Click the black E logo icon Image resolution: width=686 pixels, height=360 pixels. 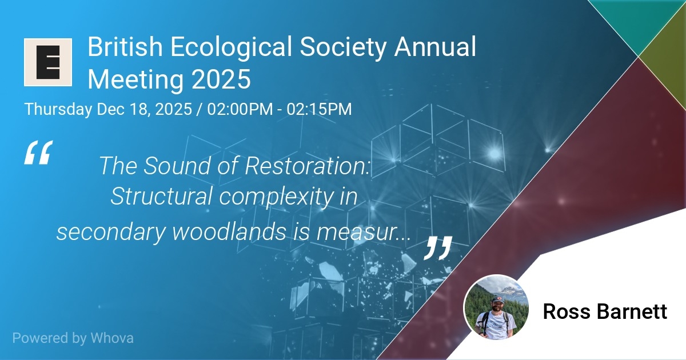click(x=48, y=62)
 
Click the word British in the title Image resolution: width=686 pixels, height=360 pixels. click(x=125, y=47)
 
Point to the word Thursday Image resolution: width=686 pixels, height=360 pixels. click(x=58, y=109)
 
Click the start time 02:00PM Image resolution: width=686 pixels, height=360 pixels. click(x=240, y=109)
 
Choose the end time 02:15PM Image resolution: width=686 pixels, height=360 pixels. click(x=319, y=109)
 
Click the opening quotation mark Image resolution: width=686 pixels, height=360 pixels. click(x=39, y=153)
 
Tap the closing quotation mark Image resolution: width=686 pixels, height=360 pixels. click(x=438, y=247)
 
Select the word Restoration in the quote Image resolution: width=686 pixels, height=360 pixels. click(x=308, y=166)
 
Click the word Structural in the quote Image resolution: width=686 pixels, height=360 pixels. click(x=161, y=196)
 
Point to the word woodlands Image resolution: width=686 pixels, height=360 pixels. click(x=229, y=232)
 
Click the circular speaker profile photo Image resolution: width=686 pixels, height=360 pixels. click(x=496, y=307)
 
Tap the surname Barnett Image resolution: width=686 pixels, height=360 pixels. click(x=632, y=311)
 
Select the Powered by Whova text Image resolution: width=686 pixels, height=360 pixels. click(x=73, y=338)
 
